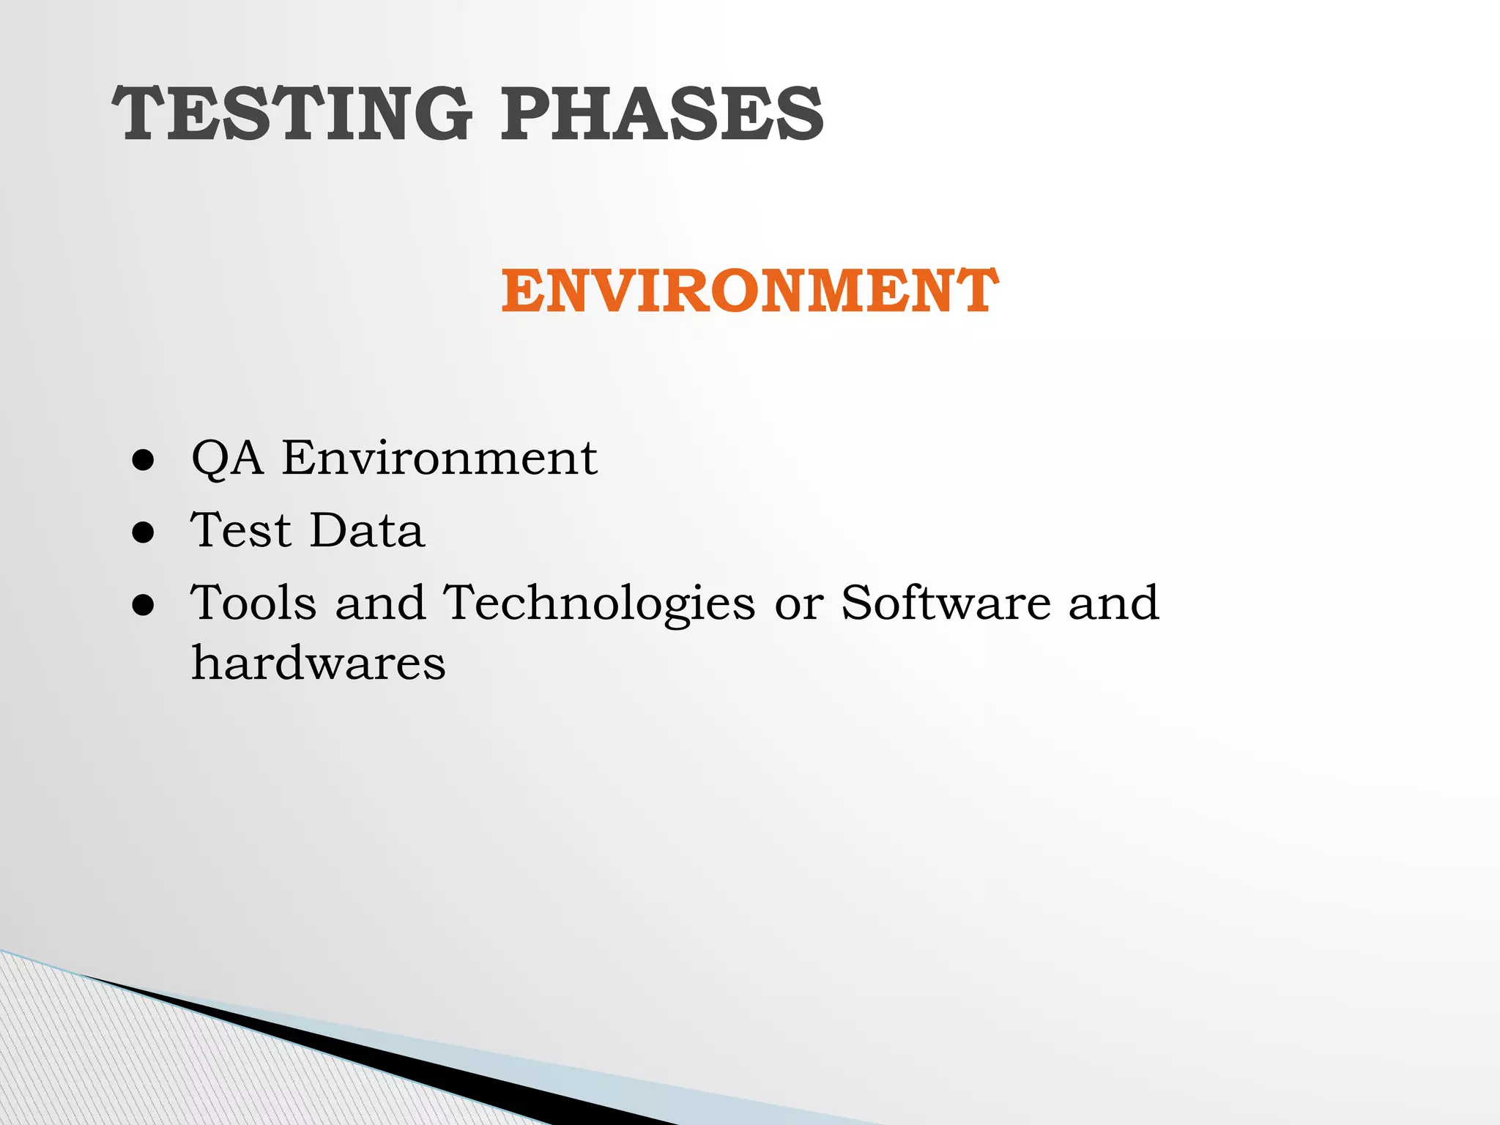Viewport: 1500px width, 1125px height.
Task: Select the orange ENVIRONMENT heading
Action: click(x=749, y=292)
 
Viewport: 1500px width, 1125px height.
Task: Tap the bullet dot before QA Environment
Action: click(x=144, y=461)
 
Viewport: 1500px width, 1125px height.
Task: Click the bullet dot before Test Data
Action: click(x=144, y=532)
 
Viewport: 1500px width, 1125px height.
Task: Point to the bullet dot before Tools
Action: click(x=144, y=605)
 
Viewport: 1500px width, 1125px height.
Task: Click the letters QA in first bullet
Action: click(x=226, y=458)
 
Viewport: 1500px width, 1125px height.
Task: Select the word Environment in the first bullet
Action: click(x=439, y=458)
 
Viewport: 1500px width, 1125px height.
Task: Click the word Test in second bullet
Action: click(x=240, y=530)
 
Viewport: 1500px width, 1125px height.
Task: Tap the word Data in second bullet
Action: click(x=366, y=530)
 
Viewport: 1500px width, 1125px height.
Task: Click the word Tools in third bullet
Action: click(x=253, y=602)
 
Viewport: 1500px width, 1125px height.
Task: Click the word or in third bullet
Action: click(x=798, y=605)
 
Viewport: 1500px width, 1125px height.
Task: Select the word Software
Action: click(x=945, y=602)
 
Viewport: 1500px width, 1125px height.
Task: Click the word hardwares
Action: click(x=318, y=662)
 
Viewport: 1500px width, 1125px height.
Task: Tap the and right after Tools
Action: click(x=380, y=602)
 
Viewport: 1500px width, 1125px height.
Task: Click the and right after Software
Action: click(x=1113, y=602)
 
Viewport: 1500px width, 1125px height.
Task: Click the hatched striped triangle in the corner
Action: click(x=110, y=1062)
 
